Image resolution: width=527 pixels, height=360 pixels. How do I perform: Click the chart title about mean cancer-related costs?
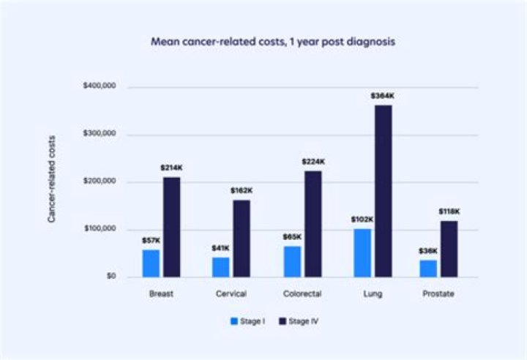[x=272, y=42]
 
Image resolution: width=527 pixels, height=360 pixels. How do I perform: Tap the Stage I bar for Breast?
[x=150, y=263]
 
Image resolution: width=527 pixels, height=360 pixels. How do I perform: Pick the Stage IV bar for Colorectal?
[x=313, y=224]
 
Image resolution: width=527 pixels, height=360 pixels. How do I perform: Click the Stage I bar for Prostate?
[x=428, y=268]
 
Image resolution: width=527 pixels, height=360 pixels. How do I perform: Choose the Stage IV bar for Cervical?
[x=242, y=239]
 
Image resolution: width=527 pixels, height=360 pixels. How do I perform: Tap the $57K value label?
[x=150, y=240]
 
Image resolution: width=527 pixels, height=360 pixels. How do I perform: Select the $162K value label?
[x=242, y=190]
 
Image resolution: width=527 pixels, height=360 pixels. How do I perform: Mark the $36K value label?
[x=428, y=250]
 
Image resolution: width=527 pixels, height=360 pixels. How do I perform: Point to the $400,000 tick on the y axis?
[x=100, y=87]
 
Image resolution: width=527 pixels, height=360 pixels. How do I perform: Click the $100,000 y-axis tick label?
[x=100, y=229]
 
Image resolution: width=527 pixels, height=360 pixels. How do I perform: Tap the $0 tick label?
[x=110, y=277]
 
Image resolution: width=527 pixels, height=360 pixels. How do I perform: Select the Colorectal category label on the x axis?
[x=300, y=293]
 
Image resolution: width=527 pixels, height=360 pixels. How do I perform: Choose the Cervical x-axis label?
[x=231, y=293]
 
